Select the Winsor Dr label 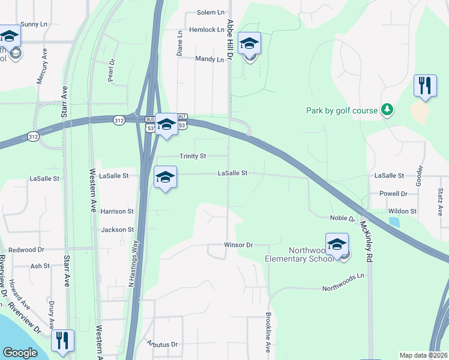click(239, 245)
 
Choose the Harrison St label click(117, 211)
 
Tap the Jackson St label click(117, 230)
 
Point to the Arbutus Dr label click(162, 344)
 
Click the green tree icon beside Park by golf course click(388, 110)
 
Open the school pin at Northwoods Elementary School click(337, 245)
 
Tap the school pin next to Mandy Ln click(250, 44)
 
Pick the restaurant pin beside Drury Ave click(62, 341)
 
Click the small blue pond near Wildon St click(394, 221)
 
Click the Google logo click(20, 353)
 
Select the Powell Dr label click(393, 194)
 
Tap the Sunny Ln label click(34, 24)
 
